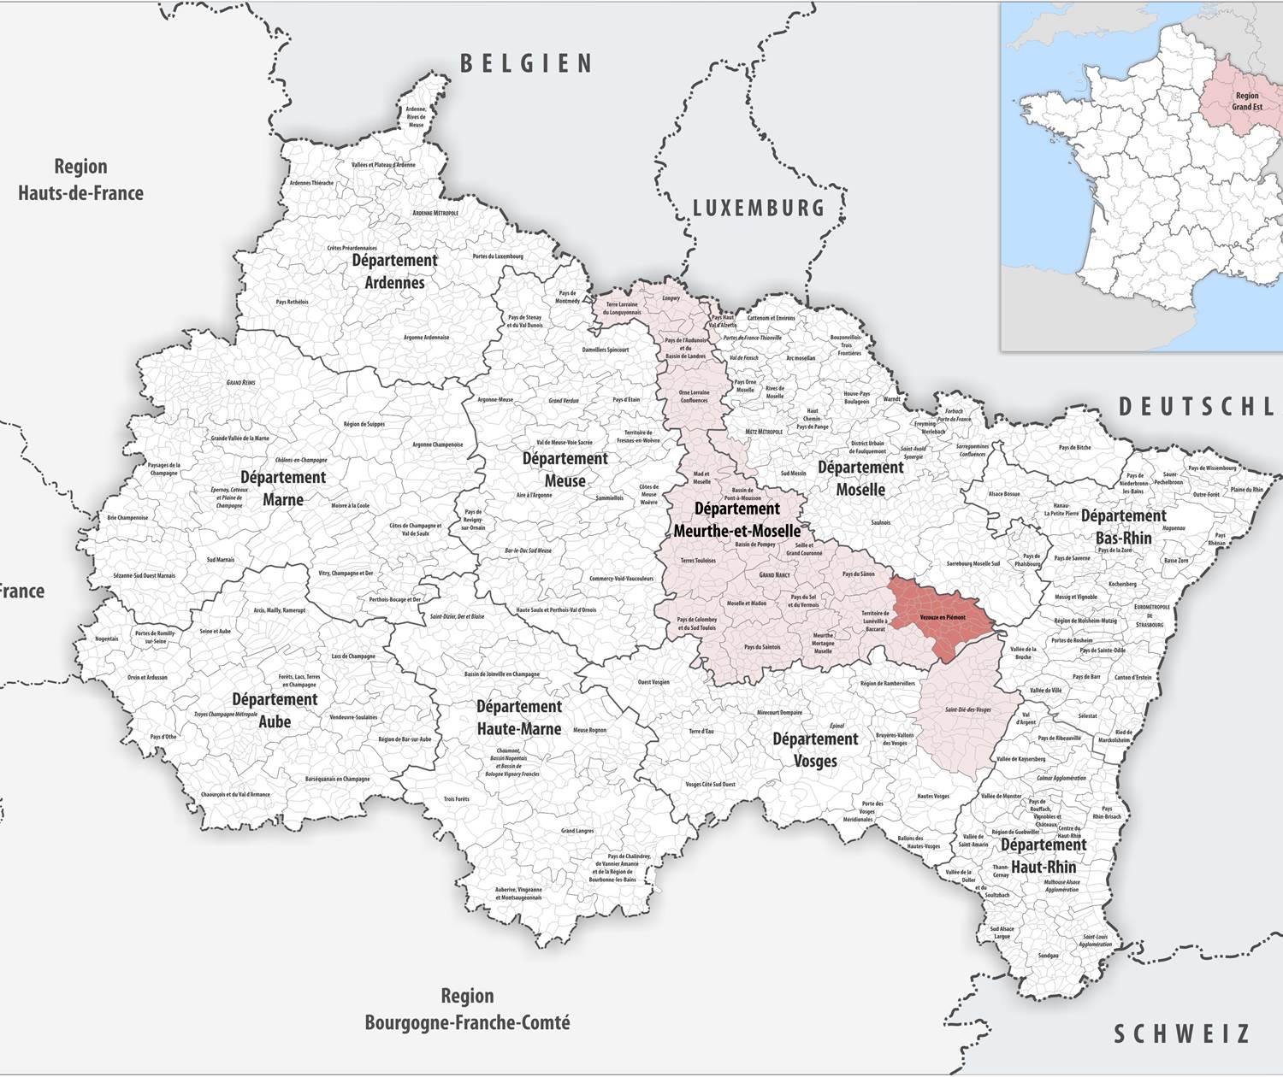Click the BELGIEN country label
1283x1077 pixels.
(x=526, y=63)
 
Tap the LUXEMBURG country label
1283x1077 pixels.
(x=758, y=208)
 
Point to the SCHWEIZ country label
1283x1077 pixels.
(x=1181, y=1034)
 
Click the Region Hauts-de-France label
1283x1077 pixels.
(x=80, y=179)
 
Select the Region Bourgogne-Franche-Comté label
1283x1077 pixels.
(x=467, y=1009)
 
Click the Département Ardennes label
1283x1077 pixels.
(x=394, y=271)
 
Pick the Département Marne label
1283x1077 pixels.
(x=283, y=488)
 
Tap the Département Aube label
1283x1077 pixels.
(x=275, y=710)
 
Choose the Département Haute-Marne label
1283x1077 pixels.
(x=519, y=717)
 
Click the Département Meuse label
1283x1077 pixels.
(x=565, y=469)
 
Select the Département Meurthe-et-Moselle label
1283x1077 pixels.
(x=737, y=520)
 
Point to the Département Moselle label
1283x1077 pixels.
(x=860, y=478)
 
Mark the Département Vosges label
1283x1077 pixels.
(x=815, y=750)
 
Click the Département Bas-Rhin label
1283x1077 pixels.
(x=1123, y=527)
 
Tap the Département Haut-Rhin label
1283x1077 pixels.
(x=1044, y=856)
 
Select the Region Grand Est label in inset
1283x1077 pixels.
(x=1246, y=101)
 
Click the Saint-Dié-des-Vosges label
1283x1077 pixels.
(x=968, y=709)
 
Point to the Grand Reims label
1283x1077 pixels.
(x=240, y=382)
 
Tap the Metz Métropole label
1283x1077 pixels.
(x=764, y=432)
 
